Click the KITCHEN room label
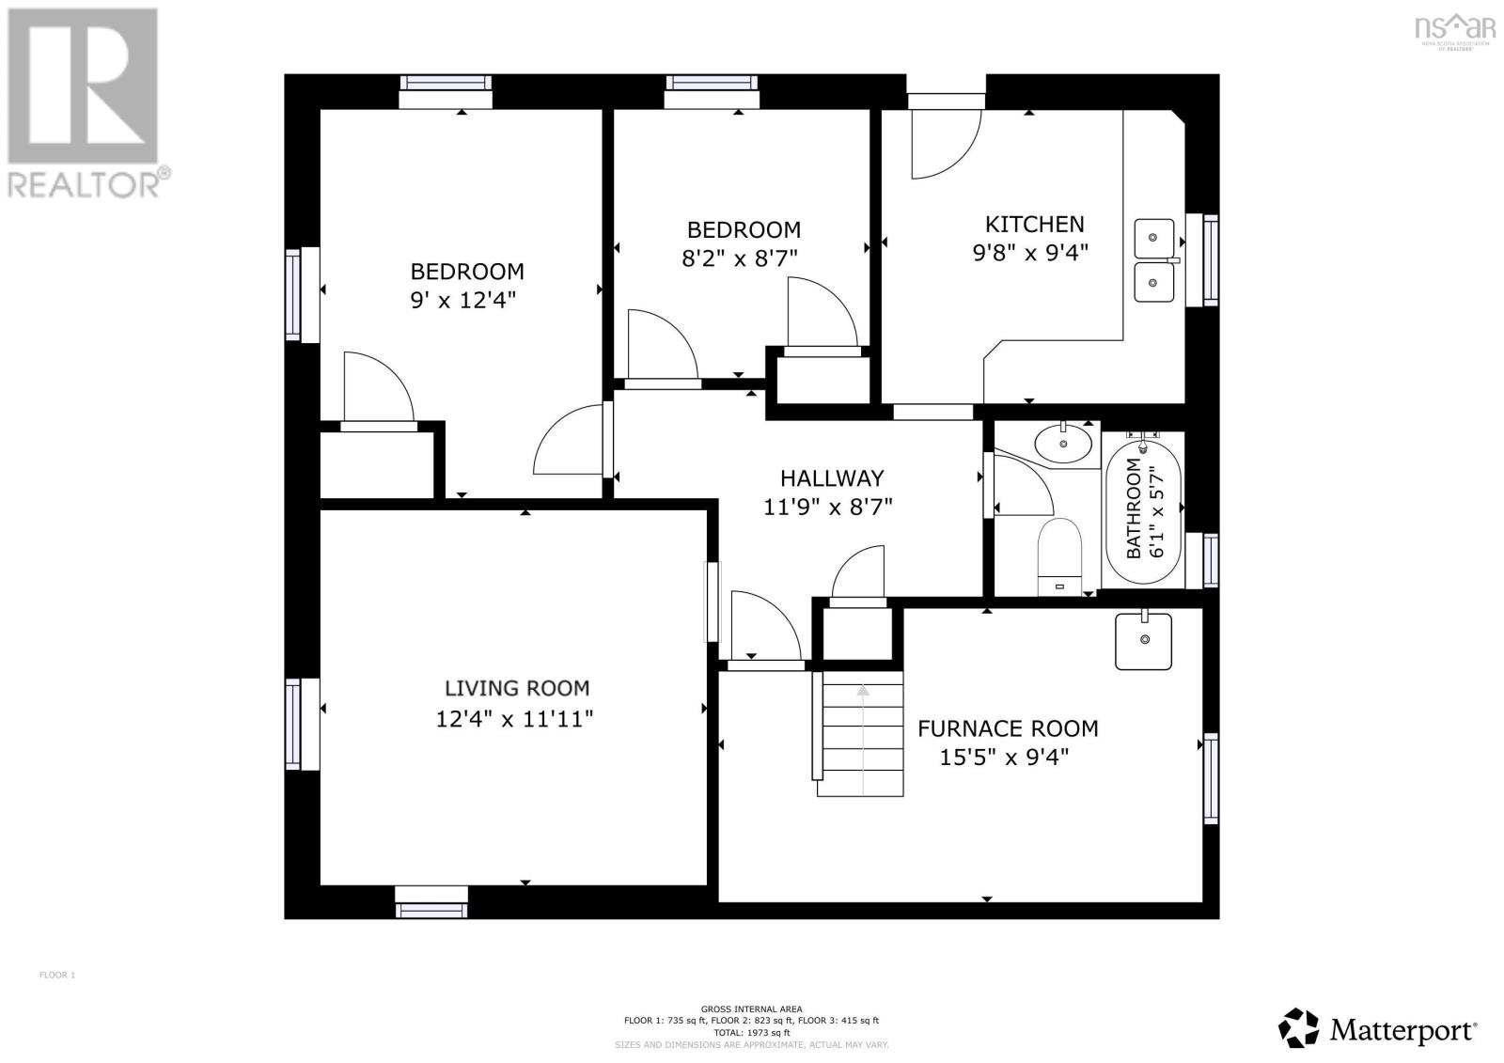[x=1034, y=224]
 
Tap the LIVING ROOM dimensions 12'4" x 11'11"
[x=513, y=719]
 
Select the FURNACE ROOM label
[x=1007, y=728]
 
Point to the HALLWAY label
[x=831, y=477]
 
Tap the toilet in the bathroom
[x=1060, y=555]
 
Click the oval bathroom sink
[x=1064, y=443]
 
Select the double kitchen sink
[x=1153, y=260]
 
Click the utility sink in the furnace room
[x=1143, y=641]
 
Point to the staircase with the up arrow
[x=862, y=733]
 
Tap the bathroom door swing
[x=1021, y=486]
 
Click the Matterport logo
[x=1378, y=1028]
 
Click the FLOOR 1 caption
[x=56, y=975]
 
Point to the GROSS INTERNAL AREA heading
[x=751, y=1009]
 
